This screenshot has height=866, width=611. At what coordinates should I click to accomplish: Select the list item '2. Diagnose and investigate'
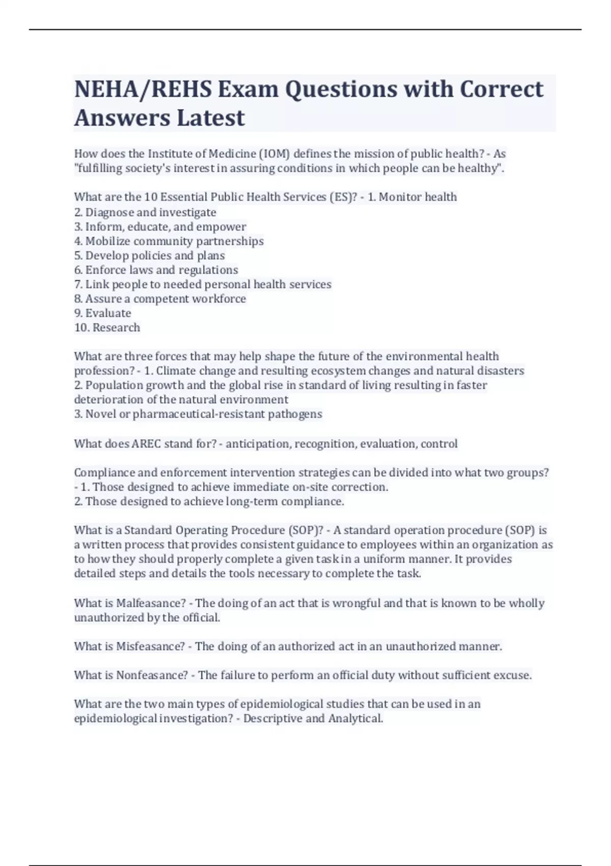145,212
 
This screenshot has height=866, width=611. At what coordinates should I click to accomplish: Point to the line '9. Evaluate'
102,313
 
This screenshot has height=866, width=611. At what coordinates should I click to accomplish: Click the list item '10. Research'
107,328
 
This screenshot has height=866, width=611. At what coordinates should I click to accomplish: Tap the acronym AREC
146,444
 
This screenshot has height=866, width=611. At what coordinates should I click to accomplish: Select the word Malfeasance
151,603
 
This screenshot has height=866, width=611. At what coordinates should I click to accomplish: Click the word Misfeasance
150,646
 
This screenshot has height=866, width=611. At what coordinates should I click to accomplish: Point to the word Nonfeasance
152,675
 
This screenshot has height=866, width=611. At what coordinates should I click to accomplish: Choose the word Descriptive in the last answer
272,719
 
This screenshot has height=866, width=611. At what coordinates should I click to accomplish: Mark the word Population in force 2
114,385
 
